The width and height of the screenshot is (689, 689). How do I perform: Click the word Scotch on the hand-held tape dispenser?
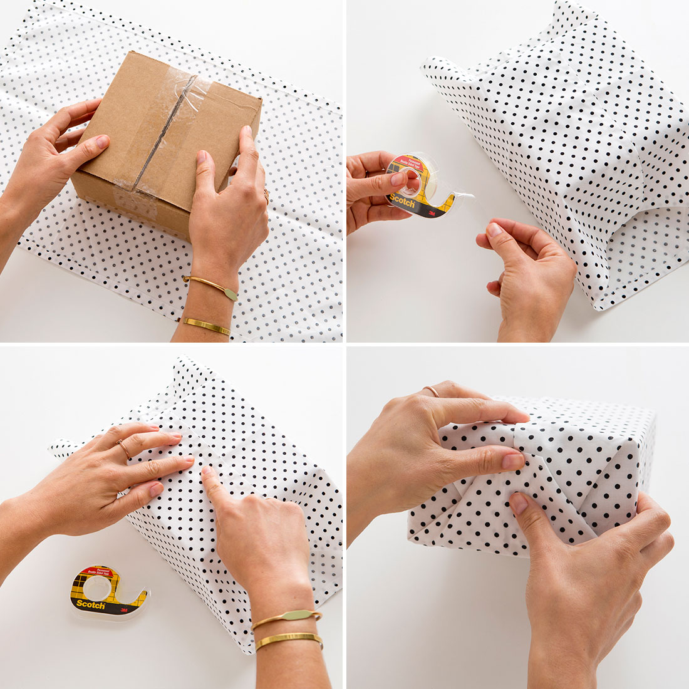[x=403, y=202]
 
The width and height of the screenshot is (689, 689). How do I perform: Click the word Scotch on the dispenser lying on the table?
[x=89, y=604]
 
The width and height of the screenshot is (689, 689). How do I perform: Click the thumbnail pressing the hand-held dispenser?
[x=398, y=180]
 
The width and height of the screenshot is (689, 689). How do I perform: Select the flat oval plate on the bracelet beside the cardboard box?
[x=229, y=293]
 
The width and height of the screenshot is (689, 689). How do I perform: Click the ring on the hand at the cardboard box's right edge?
[x=267, y=195]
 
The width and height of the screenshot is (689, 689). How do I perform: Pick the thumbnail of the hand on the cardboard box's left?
[x=101, y=143]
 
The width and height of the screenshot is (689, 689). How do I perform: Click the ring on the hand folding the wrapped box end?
[x=432, y=391]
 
